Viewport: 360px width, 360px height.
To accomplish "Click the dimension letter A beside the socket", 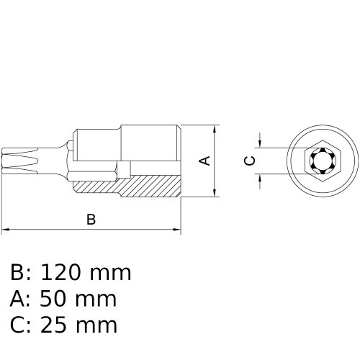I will [205, 160].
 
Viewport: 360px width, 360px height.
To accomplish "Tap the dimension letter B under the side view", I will [91, 220].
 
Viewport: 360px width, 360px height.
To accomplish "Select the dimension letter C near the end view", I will [249, 161].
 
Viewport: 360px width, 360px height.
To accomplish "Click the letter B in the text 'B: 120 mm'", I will [18, 273].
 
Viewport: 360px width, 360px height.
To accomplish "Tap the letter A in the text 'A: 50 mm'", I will [18, 299].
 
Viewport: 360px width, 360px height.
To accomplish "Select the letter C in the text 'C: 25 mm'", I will [18, 325].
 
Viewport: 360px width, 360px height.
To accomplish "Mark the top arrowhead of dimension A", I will [215, 130].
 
